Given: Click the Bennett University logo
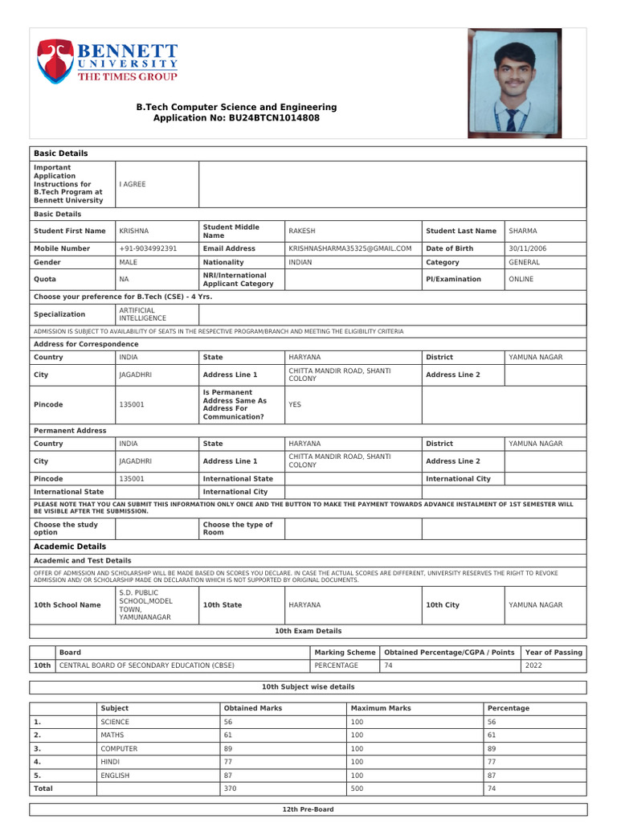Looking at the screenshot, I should (107, 61).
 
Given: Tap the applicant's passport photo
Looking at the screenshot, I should (515, 83).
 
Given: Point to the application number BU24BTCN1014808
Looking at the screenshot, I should (273, 117).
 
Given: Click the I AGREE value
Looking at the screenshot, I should (133, 184).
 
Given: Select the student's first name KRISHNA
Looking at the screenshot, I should (134, 231).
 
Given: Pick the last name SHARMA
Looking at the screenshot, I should (523, 231).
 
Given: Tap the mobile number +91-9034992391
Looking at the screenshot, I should (148, 248).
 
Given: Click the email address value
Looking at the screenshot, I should (349, 248).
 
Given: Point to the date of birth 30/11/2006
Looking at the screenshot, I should (528, 248).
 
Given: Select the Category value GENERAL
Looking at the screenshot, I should (525, 262).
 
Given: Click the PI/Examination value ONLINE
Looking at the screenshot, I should (521, 279).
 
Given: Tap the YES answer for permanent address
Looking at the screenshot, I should (295, 404).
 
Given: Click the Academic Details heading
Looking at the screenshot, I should (70, 547).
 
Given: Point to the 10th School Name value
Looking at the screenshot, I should (145, 604).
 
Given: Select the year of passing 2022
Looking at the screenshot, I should (533, 665).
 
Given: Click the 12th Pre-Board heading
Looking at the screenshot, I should (308, 809).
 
